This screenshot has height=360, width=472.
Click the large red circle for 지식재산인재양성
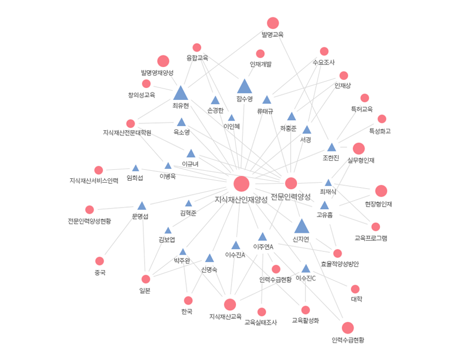click(241, 183)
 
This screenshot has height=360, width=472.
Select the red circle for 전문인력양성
click(291, 183)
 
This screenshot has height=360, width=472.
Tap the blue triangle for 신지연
click(302, 226)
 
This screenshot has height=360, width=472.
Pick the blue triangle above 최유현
click(181, 93)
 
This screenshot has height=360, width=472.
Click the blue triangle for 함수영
click(244, 86)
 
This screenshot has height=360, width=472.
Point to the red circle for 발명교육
click(273, 23)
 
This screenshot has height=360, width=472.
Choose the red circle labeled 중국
click(100, 261)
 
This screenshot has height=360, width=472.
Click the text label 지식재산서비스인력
click(94, 180)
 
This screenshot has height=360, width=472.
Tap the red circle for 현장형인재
click(381, 191)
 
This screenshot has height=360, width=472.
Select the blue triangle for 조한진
click(331, 147)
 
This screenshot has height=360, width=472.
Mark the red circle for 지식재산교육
click(230, 304)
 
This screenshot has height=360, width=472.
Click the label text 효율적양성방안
click(340, 264)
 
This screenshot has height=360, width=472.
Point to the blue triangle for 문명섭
click(142, 206)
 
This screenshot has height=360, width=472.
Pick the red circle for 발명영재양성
click(163, 61)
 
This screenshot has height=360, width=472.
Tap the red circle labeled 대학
click(355, 289)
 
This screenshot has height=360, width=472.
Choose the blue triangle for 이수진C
click(306, 269)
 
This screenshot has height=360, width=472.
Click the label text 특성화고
click(380, 131)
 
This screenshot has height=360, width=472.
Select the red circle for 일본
click(146, 279)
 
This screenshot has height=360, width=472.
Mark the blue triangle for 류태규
click(267, 100)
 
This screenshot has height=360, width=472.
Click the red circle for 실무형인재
click(359, 148)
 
